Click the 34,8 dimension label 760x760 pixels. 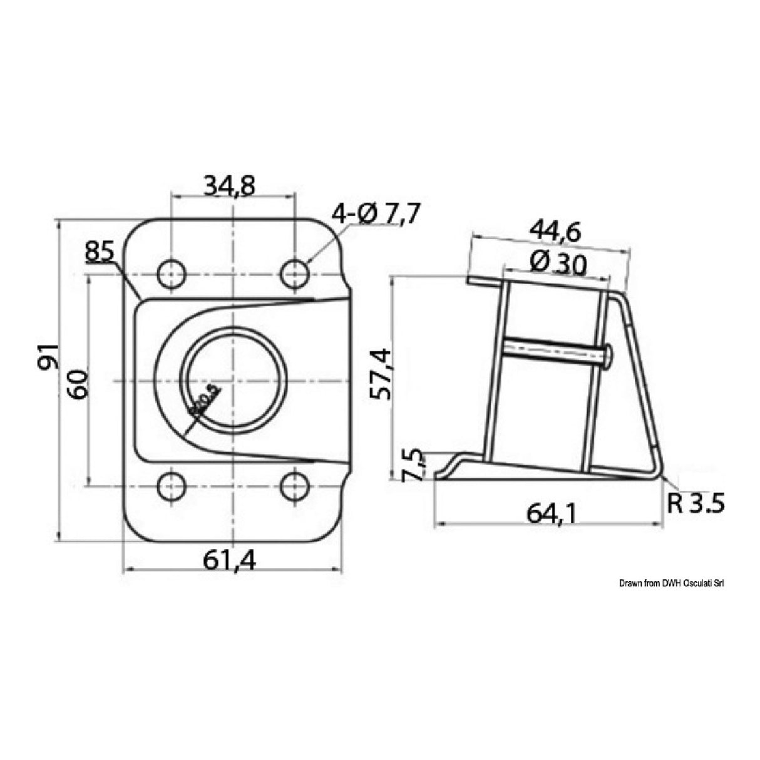pyautogui.click(x=229, y=187)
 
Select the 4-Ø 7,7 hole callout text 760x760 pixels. pyautogui.click(x=377, y=215)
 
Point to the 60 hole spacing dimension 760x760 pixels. pyautogui.click(x=80, y=383)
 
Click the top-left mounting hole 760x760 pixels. pyautogui.click(x=171, y=274)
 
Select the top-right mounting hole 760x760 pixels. pyautogui.click(x=294, y=274)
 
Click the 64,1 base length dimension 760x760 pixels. pyautogui.click(x=552, y=513)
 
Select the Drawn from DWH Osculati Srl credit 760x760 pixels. pyautogui.click(x=672, y=583)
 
